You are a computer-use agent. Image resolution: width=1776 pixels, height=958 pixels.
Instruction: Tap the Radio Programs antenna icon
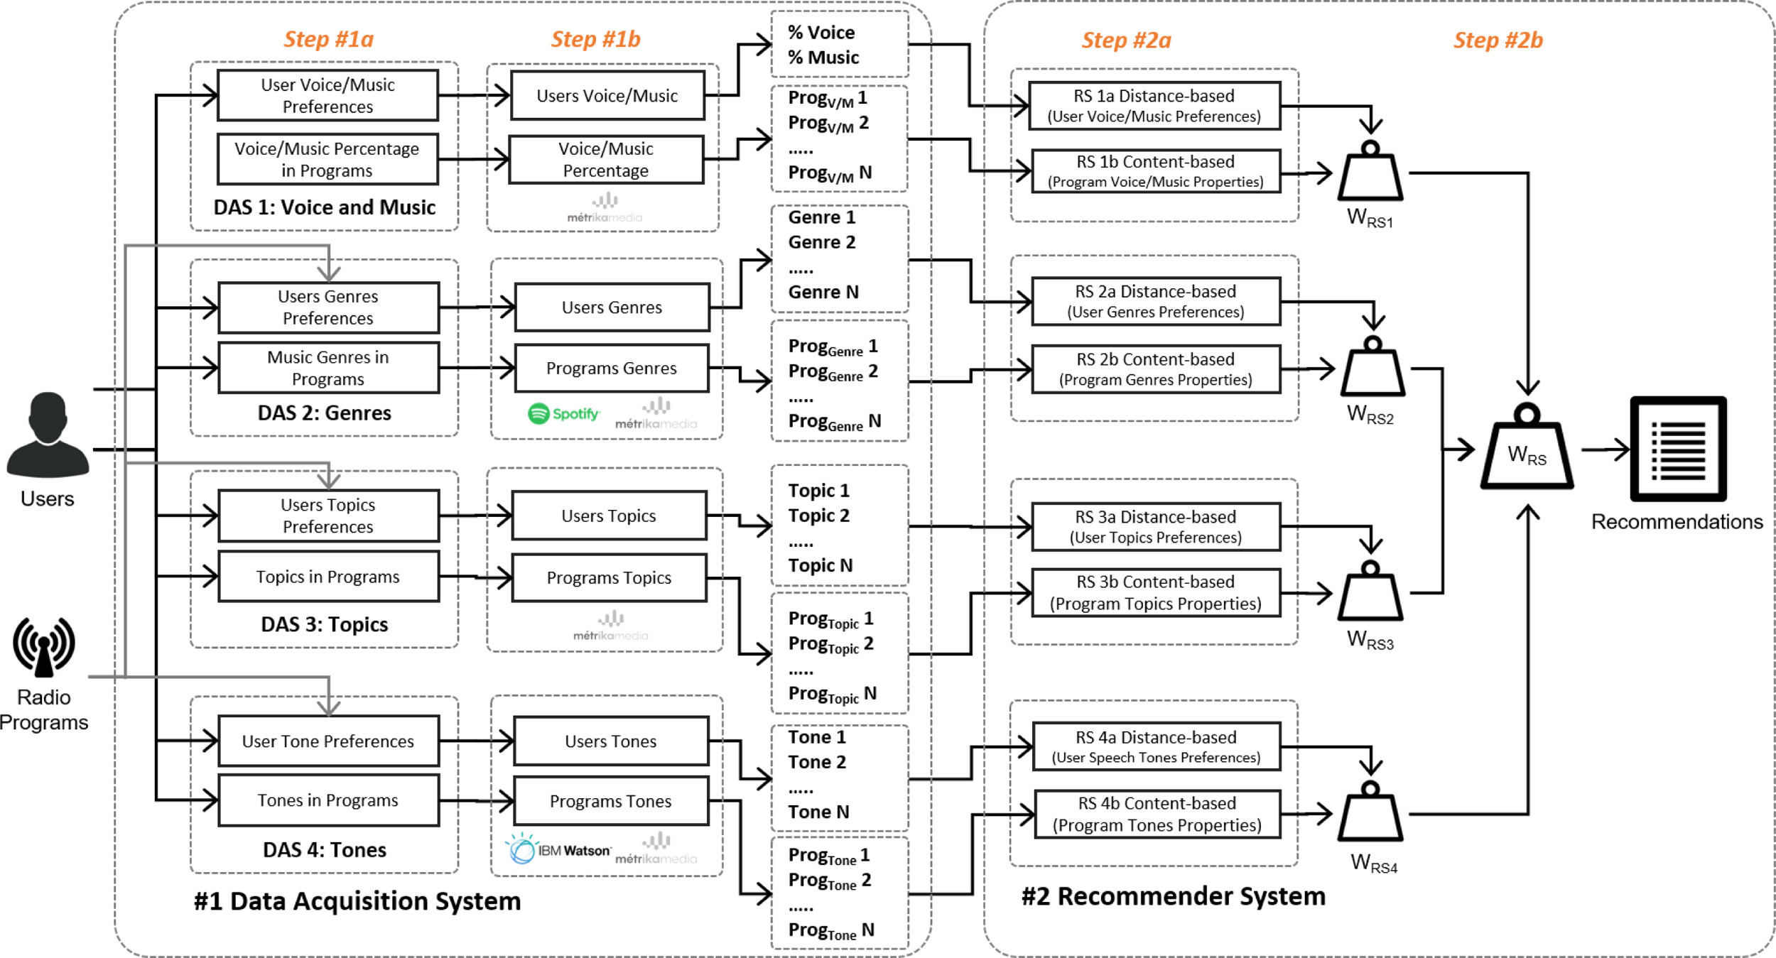pos(44,646)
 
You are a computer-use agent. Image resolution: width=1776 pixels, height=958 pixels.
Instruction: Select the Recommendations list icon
pos(1678,449)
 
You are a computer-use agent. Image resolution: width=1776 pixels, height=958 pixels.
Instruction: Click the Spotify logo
pos(564,413)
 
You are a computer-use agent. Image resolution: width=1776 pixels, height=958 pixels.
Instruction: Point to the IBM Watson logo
pos(558,849)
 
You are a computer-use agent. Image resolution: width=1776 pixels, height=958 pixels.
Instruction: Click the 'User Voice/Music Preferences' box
pos(327,95)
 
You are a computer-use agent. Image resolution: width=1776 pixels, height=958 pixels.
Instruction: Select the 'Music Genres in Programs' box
pos(328,368)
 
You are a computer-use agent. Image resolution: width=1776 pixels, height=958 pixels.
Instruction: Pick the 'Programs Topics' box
pos(609,578)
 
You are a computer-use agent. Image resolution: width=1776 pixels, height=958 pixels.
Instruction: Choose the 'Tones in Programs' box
pos(328,800)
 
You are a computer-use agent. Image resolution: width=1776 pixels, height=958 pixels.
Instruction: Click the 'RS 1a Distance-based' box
pos(1154,106)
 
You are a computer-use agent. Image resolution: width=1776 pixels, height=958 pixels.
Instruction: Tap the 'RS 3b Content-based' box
pos(1156,592)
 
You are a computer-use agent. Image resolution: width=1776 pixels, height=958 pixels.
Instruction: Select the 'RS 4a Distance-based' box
pos(1156,746)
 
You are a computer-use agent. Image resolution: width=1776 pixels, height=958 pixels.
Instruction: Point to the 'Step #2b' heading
pos(1498,40)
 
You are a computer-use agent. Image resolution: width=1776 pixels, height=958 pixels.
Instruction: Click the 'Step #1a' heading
pos(328,39)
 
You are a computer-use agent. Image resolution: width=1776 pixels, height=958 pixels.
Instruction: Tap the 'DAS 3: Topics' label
pos(325,624)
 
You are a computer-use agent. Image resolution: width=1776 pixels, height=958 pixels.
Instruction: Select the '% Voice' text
pos(821,33)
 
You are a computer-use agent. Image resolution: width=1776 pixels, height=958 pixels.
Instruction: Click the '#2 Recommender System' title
pos(1173,896)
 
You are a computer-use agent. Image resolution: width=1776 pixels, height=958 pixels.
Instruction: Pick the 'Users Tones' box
pos(611,741)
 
